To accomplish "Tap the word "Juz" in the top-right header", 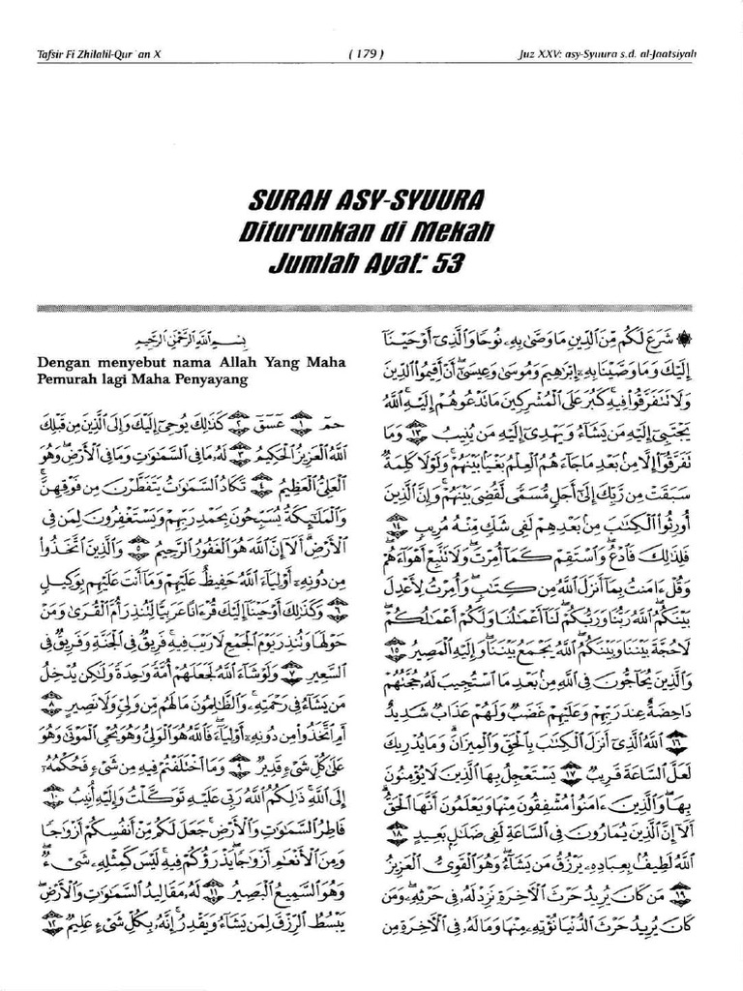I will tap(527, 54).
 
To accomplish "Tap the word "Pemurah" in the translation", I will tap(68, 379).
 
